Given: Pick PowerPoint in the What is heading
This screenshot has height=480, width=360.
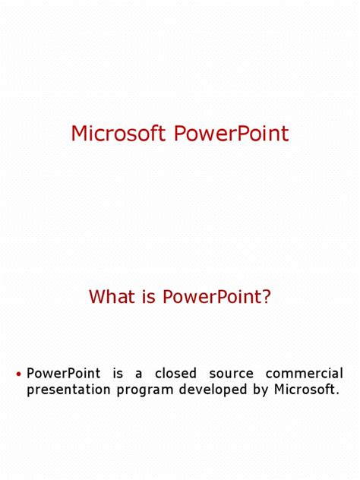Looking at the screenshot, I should pos(210,297).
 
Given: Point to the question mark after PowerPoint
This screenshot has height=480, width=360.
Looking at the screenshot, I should pos(266,297).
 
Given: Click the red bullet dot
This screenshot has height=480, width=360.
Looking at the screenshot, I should pos(18,374).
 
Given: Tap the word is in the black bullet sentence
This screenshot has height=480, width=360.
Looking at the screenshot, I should pos(117,374).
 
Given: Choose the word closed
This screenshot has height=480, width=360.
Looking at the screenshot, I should pos(176,374).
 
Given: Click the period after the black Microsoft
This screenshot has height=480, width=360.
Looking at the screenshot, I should pos(337,394).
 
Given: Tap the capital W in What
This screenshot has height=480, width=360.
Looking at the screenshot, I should pos(97,297).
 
